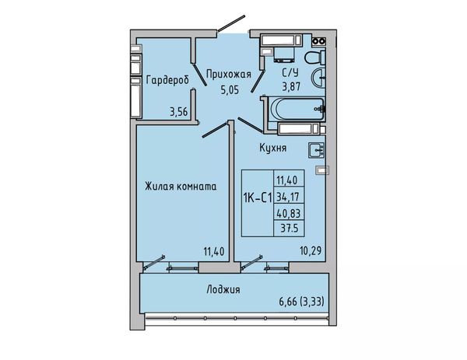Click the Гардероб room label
pyautogui.click(x=167, y=80)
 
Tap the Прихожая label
pyautogui.click(x=229, y=74)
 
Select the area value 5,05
pyautogui.click(x=230, y=89)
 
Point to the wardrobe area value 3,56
pyautogui.click(x=179, y=112)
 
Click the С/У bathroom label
pyautogui.click(x=290, y=72)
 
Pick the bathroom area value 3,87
pyautogui.click(x=291, y=86)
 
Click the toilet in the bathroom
pyautogui.click(x=315, y=57)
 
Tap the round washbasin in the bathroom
pyautogui.click(x=318, y=78)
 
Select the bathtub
pyautogui.click(x=296, y=109)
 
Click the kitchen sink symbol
pyautogui.click(x=316, y=149)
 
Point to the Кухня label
pyautogui.click(x=273, y=148)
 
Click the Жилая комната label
pyautogui.click(x=181, y=187)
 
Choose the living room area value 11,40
pyautogui.click(x=214, y=251)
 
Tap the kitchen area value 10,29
pyautogui.click(x=311, y=250)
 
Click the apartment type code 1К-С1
pyautogui.click(x=258, y=197)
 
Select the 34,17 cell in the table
pyautogui.click(x=288, y=197)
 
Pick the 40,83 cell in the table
pyautogui.click(x=289, y=213)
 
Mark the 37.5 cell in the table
pyautogui.click(x=289, y=229)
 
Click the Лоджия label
pyautogui.click(x=223, y=289)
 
